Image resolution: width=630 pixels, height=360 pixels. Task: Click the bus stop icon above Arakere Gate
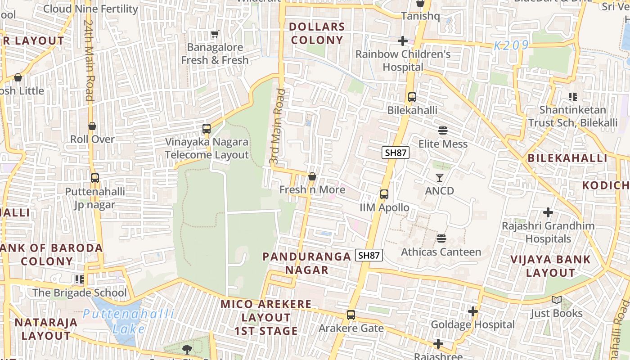[351, 315]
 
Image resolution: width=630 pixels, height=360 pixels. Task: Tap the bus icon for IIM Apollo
[384, 194]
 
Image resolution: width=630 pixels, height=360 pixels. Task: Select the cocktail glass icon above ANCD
[440, 178]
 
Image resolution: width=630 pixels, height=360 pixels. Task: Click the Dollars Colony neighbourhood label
[317, 33]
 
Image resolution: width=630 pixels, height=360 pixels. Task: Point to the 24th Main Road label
[89, 60]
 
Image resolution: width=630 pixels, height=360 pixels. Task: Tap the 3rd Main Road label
[277, 126]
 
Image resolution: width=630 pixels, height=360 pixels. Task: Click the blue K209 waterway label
[511, 45]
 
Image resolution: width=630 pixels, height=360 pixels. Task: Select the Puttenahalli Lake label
[128, 321]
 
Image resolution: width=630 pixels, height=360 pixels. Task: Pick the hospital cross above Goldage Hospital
[472, 311]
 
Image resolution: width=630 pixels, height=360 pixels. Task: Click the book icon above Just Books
[557, 300]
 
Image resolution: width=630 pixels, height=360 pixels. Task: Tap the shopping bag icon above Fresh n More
[312, 176]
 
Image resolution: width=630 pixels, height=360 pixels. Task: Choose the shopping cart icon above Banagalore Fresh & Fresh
[215, 34]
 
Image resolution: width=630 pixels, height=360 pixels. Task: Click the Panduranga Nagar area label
[306, 263]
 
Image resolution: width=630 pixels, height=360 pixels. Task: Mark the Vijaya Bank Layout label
[550, 266]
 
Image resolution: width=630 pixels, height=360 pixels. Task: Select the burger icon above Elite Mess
[443, 130]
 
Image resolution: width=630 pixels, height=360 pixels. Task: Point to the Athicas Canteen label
[441, 252]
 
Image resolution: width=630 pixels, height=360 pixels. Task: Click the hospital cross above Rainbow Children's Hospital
[403, 41]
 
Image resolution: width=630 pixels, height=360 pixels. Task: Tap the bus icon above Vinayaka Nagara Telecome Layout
[206, 129]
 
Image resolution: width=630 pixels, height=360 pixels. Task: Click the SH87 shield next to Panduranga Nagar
[369, 255]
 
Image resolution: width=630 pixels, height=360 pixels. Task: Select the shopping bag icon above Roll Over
[92, 126]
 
